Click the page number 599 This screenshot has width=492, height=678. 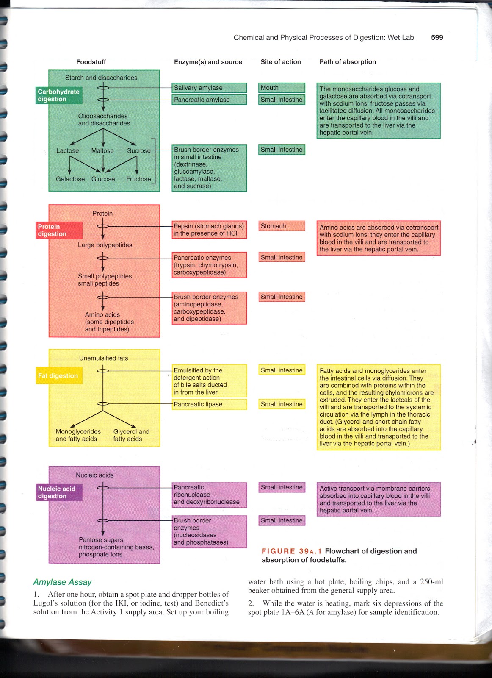click(x=437, y=37)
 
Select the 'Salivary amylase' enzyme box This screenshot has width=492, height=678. click(x=209, y=88)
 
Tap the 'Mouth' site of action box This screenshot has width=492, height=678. click(x=282, y=88)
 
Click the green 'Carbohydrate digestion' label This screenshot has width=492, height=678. click(x=59, y=95)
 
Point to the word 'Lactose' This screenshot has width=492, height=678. click(x=68, y=150)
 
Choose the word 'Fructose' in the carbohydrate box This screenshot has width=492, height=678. click(x=138, y=179)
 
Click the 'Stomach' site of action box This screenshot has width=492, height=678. click(x=282, y=226)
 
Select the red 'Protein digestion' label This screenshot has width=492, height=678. click(x=59, y=230)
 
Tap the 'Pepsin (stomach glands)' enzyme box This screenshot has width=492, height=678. click(x=209, y=230)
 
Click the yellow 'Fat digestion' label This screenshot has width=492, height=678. click(x=58, y=376)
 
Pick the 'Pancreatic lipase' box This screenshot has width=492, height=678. click(x=209, y=404)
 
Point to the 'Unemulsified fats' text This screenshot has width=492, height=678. click(x=104, y=358)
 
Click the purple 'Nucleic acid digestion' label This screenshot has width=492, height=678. click(x=59, y=492)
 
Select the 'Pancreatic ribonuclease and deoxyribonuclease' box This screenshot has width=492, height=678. click(x=209, y=495)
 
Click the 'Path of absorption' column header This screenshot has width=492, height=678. click(x=348, y=62)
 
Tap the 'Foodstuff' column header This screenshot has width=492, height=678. click(x=91, y=62)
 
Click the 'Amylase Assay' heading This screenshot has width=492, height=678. click(x=62, y=582)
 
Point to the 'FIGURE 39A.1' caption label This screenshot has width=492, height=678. click(x=291, y=551)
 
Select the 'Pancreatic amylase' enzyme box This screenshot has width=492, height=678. click(x=209, y=100)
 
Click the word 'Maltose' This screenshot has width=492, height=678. click(x=102, y=150)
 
